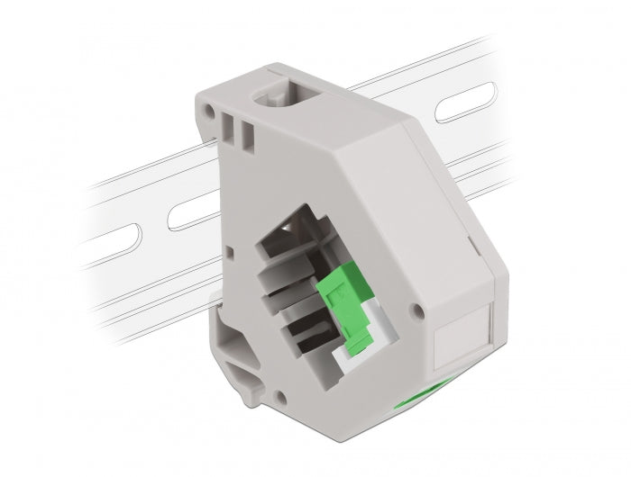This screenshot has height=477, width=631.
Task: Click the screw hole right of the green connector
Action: click(416, 311)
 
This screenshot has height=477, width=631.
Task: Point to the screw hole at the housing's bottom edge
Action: click(283, 395)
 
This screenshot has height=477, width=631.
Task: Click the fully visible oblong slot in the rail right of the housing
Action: click(468, 104)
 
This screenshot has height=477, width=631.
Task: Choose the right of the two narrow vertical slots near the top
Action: click(244, 130)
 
